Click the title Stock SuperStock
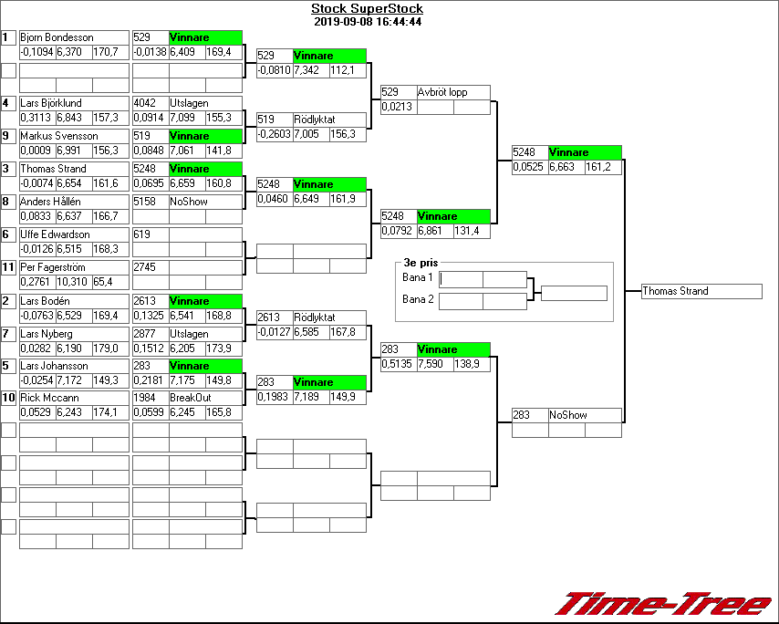367,9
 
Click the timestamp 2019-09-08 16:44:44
367,21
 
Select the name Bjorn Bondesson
57,37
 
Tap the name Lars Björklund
51,103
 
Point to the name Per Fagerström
56,267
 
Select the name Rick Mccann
49,398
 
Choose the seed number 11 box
8,266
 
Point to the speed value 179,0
109,348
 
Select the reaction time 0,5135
398,364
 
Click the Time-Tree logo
663,604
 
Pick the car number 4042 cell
150,103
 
